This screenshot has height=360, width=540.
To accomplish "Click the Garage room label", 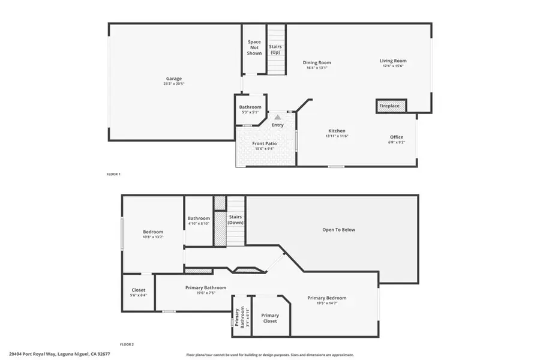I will click(174, 79).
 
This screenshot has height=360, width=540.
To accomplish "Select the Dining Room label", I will click(317, 62).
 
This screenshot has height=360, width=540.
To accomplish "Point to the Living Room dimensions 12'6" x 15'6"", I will click(393, 66).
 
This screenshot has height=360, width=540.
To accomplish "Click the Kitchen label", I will click(337, 131).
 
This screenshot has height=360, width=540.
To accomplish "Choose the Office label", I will click(397, 137).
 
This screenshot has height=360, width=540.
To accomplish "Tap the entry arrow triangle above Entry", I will click(277, 118).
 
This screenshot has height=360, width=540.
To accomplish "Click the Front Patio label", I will click(264, 144).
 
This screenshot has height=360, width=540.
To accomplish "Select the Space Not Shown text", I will click(254, 47).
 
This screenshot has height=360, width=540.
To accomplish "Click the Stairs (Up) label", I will click(275, 49).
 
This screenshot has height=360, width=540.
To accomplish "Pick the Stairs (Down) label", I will click(235, 219).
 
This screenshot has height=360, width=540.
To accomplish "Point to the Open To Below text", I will click(339, 229).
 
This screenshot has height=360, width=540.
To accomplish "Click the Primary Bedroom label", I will click(327, 298).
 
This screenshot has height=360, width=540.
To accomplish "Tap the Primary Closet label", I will click(270, 318).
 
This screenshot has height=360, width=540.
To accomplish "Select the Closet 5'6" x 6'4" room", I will click(139, 292).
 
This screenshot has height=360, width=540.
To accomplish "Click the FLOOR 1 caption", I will click(113, 174).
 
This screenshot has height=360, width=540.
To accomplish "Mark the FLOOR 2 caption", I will click(127, 344).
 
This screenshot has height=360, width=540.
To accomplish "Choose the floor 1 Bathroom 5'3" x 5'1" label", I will click(250, 107).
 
